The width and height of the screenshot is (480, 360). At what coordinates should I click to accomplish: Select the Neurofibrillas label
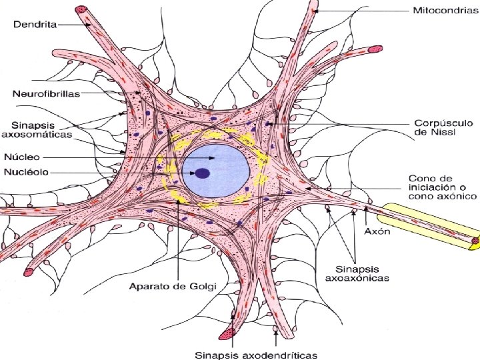pos(45,93)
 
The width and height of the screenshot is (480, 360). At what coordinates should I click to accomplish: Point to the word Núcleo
pos(23,157)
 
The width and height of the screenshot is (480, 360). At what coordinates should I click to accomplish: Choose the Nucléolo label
pos(27,172)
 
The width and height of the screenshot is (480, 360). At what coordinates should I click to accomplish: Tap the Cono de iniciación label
pos(442,187)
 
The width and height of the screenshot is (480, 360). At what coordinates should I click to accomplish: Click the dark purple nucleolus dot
pos(203,173)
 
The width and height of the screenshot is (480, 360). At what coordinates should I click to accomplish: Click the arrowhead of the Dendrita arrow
pos(91,25)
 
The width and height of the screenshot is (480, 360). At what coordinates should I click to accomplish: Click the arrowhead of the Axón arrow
pos(365,209)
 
